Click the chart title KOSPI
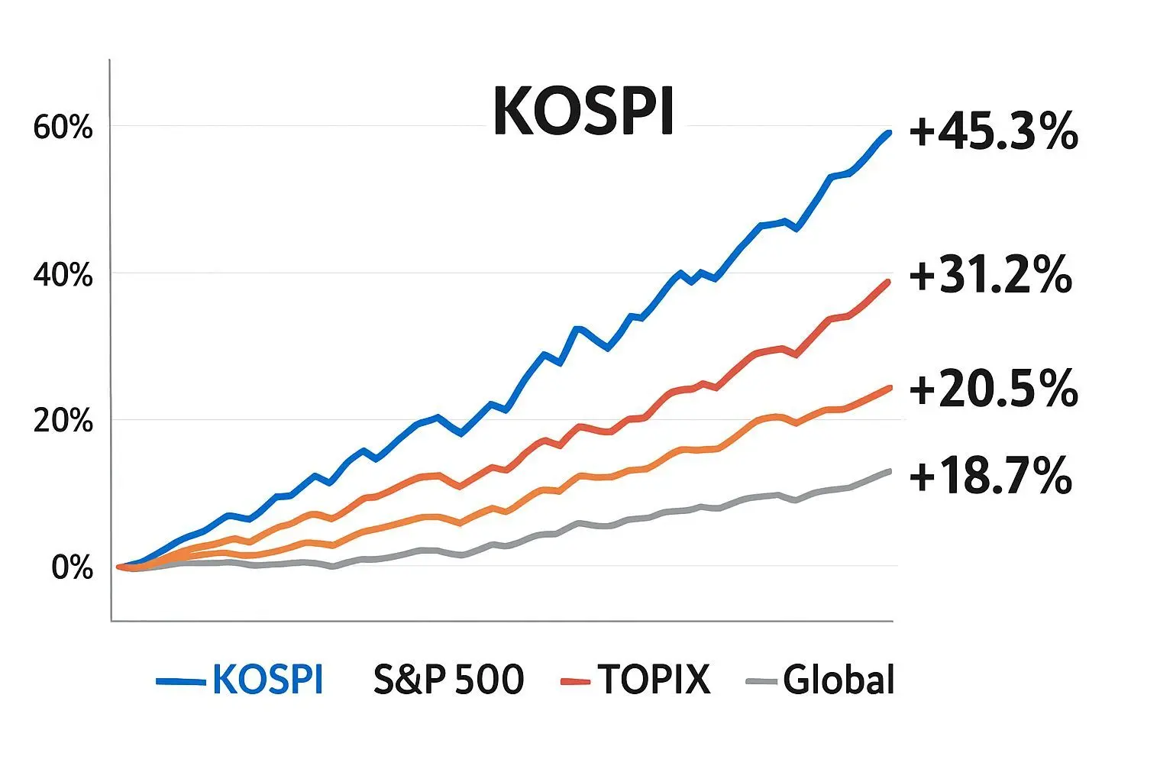point(583,111)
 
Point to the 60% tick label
point(63,128)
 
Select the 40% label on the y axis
point(63,275)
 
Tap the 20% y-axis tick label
point(63,421)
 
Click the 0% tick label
point(72,568)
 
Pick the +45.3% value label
point(993,133)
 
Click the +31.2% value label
point(990,276)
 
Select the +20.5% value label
point(993,389)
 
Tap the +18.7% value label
point(990,477)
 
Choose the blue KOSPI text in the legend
point(267,680)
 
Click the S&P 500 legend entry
point(448,680)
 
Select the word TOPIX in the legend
point(654,680)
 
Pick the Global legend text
point(839,680)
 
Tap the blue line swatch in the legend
point(180,680)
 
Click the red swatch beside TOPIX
point(575,680)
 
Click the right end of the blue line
point(890,133)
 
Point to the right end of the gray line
point(890,471)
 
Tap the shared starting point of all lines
point(119,567)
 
